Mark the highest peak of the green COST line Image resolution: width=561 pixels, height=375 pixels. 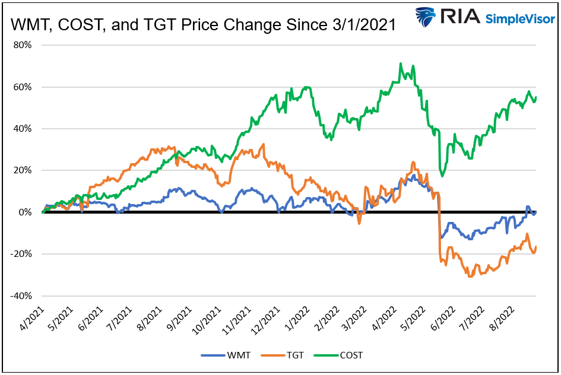[401, 63]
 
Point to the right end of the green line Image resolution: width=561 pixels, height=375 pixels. [536, 97]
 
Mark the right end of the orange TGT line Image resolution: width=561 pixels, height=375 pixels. [536, 247]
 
